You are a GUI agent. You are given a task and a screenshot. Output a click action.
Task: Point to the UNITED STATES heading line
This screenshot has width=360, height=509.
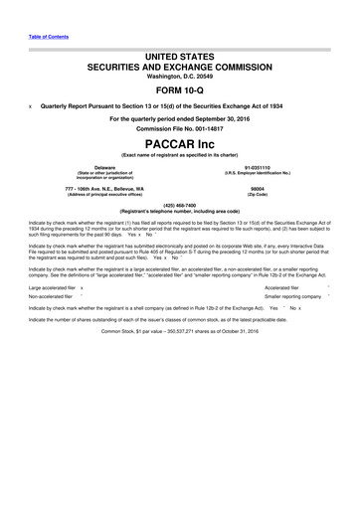pyautogui.click(x=179, y=59)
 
